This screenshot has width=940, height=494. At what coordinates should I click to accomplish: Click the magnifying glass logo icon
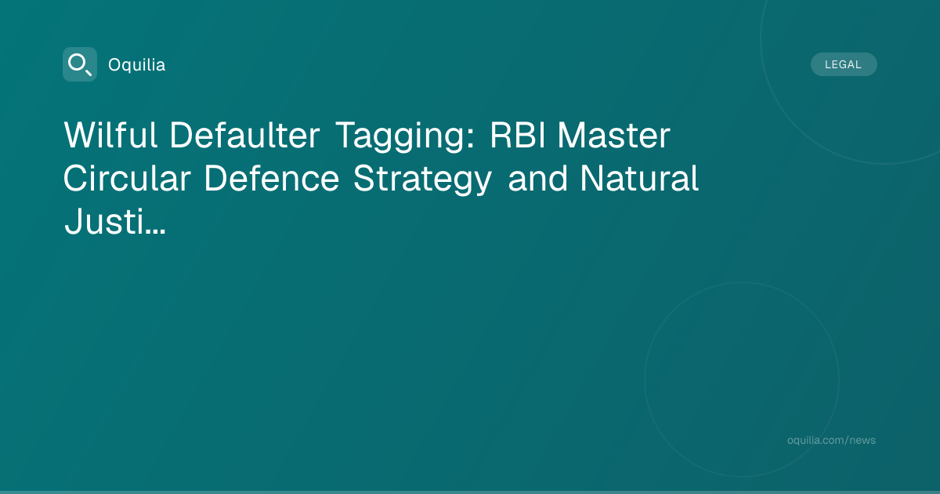click(x=80, y=64)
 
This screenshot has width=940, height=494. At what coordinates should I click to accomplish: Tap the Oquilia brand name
click(x=137, y=65)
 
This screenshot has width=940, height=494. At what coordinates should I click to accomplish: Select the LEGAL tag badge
click(x=844, y=64)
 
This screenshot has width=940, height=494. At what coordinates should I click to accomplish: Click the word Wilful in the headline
click(x=110, y=135)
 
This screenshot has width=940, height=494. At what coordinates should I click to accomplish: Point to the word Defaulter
click(x=244, y=135)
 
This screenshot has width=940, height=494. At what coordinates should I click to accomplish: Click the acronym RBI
click(x=518, y=135)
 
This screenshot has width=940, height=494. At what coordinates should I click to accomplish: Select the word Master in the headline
click(x=614, y=135)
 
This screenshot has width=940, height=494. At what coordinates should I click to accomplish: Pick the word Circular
click(x=127, y=178)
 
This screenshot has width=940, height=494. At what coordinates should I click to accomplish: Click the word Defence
click(x=272, y=178)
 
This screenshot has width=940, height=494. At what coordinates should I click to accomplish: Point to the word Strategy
click(x=422, y=180)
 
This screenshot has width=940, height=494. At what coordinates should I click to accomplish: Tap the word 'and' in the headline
click(x=537, y=178)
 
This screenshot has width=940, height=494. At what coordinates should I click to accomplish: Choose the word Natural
click(x=639, y=178)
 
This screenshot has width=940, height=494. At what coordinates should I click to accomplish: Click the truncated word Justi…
click(x=115, y=221)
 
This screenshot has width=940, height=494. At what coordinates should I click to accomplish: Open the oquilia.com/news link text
click(x=831, y=440)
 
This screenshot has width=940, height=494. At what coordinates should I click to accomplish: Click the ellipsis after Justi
click(x=154, y=231)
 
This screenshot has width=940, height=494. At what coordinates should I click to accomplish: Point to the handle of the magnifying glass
click(x=88, y=72)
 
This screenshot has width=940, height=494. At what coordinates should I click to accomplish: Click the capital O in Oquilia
click(x=114, y=65)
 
